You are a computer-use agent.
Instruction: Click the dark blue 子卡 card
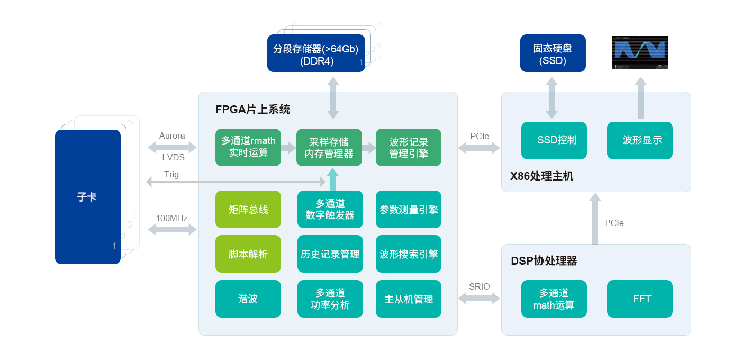tap(88, 197)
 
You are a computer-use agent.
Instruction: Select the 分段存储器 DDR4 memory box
tap(316, 53)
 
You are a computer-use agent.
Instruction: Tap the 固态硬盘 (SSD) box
tap(553, 53)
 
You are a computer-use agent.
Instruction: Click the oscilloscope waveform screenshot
tap(640, 52)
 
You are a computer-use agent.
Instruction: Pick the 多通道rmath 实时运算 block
tap(248, 147)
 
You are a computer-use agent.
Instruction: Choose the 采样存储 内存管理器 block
tap(329, 147)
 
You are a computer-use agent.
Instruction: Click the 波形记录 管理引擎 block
tap(409, 147)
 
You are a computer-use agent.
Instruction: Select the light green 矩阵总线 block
tap(248, 210)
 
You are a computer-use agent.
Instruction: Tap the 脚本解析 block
tap(248, 254)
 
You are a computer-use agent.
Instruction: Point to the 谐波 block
tap(248, 299)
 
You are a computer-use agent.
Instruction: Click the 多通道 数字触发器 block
tap(330, 210)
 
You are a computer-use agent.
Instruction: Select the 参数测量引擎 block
tap(409, 210)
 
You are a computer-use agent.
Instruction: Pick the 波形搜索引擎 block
tap(409, 254)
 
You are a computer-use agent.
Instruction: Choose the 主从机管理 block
tap(409, 299)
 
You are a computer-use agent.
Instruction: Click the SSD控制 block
tap(554, 140)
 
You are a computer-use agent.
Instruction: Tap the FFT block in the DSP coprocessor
tap(640, 299)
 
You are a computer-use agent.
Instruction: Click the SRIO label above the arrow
tap(479, 287)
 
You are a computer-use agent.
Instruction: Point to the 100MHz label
tap(171, 218)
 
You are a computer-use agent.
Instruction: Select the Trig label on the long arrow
tap(171, 174)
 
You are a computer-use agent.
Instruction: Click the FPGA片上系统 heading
tap(252, 110)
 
